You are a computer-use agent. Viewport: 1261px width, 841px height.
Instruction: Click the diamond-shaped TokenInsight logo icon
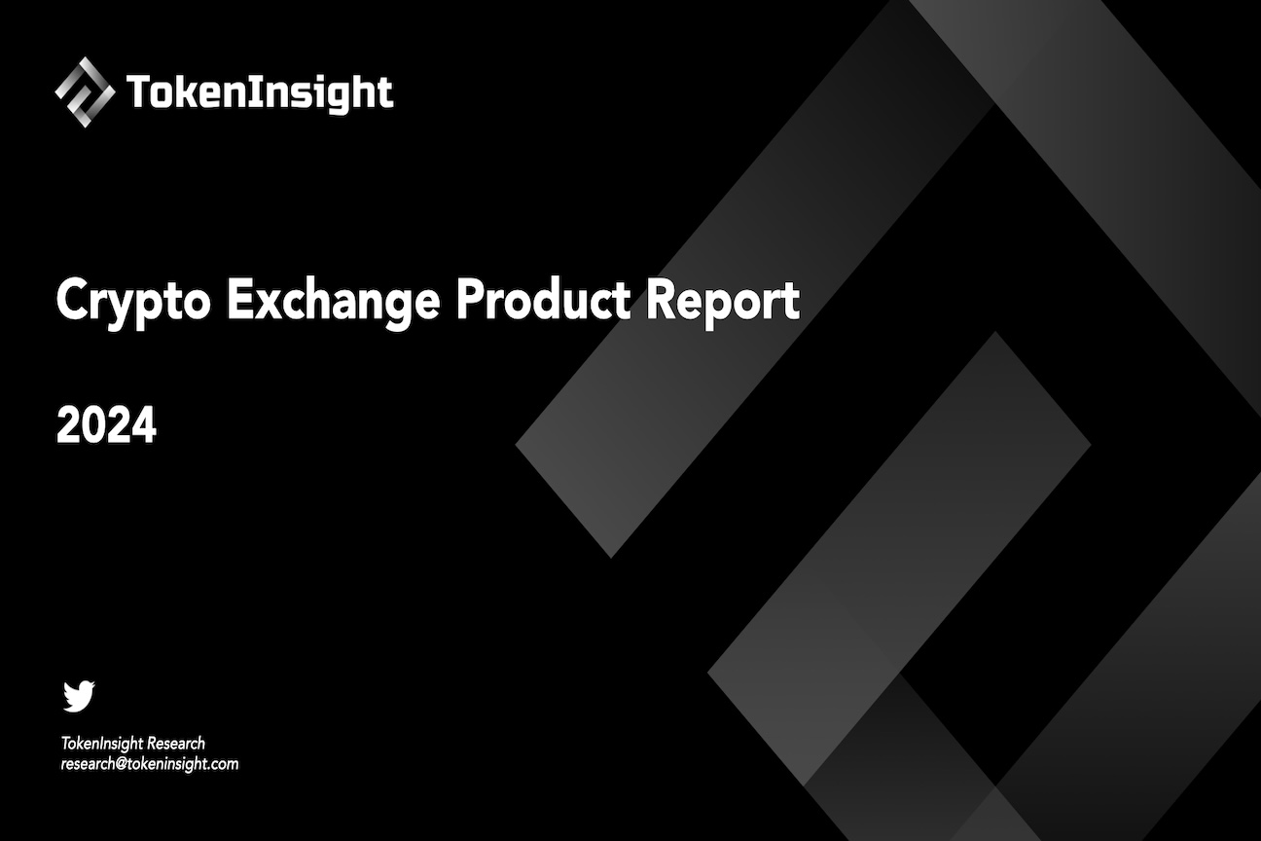(x=85, y=91)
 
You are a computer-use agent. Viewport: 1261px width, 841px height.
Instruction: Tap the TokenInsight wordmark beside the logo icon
(x=260, y=93)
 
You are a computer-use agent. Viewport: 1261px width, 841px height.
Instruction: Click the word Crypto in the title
(x=132, y=302)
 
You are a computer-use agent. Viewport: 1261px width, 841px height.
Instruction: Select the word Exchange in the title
(x=333, y=302)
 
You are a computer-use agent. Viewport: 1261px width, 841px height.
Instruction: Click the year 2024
(x=106, y=426)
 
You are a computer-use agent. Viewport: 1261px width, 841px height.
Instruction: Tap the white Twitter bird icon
(x=79, y=696)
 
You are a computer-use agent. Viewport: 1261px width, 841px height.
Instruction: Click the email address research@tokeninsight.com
(x=150, y=764)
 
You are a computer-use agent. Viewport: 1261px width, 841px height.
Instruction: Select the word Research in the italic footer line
(x=176, y=744)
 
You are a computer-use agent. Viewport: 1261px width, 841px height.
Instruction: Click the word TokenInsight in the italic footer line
(x=102, y=744)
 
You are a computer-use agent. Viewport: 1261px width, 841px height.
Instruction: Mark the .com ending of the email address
(x=223, y=764)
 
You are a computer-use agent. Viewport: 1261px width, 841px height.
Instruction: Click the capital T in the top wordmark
(x=138, y=92)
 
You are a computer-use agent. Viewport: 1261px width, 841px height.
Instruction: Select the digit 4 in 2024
(x=144, y=426)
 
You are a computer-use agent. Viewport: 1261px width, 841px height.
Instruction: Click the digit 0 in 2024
(x=93, y=426)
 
